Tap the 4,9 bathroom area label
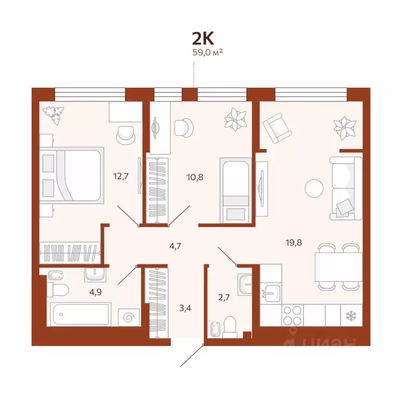click(x=95, y=291)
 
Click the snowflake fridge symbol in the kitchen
click(x=348, y=314)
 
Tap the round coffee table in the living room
click(x=315, y=187)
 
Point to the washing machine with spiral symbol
click(x=128, y=315)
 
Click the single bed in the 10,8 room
click(x=235, y=190)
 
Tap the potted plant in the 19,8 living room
click(x=343, y=127)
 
